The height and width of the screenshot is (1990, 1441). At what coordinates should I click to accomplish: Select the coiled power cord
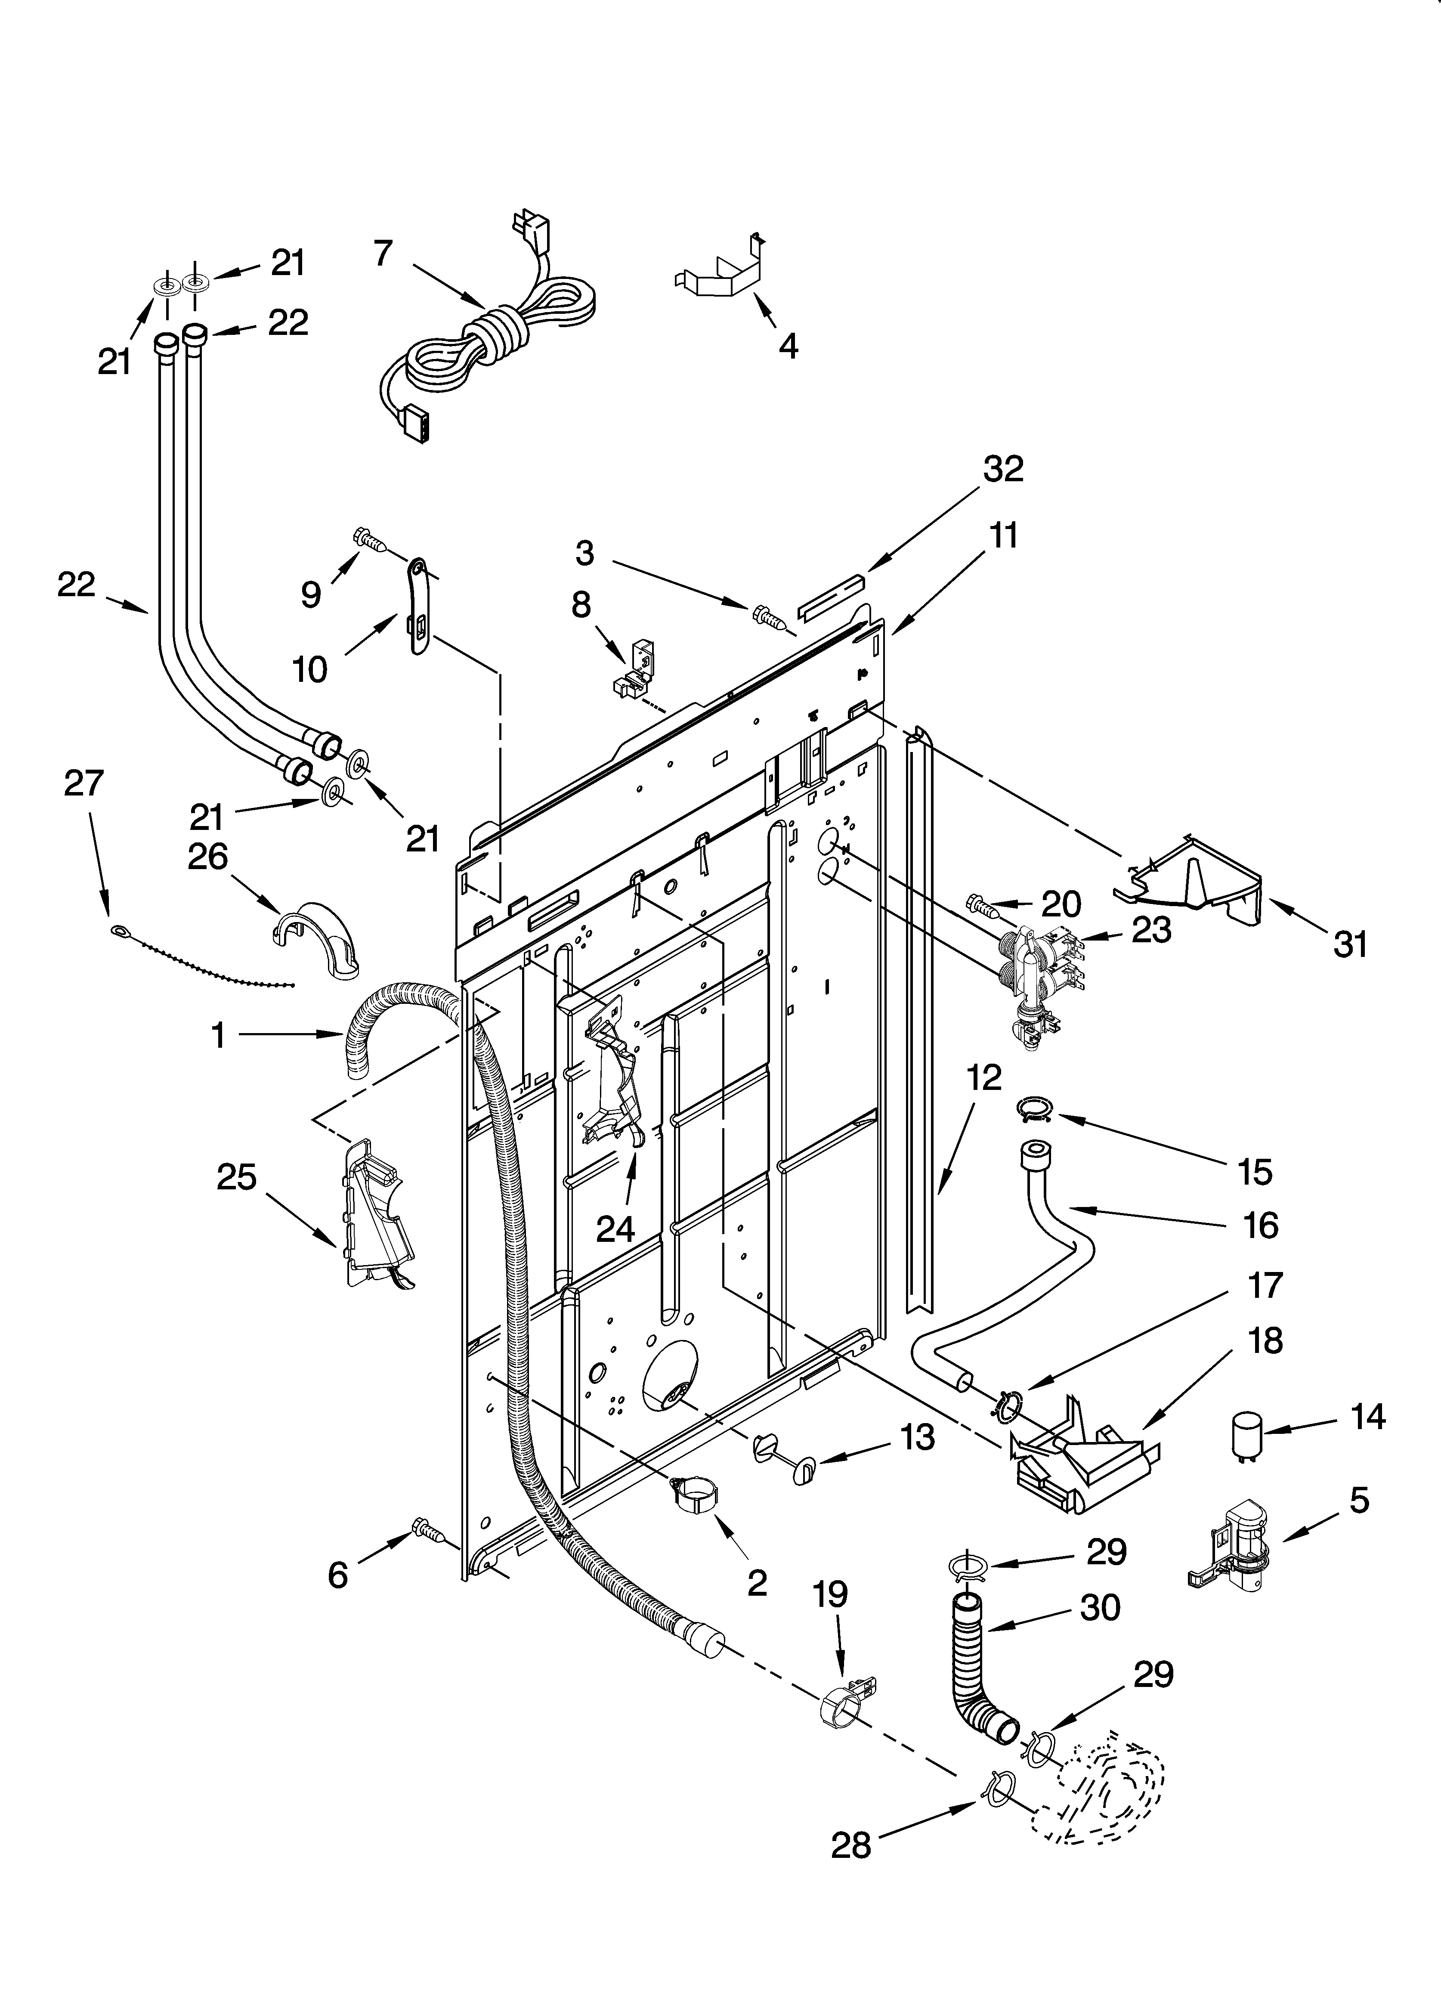click(492, 334)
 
